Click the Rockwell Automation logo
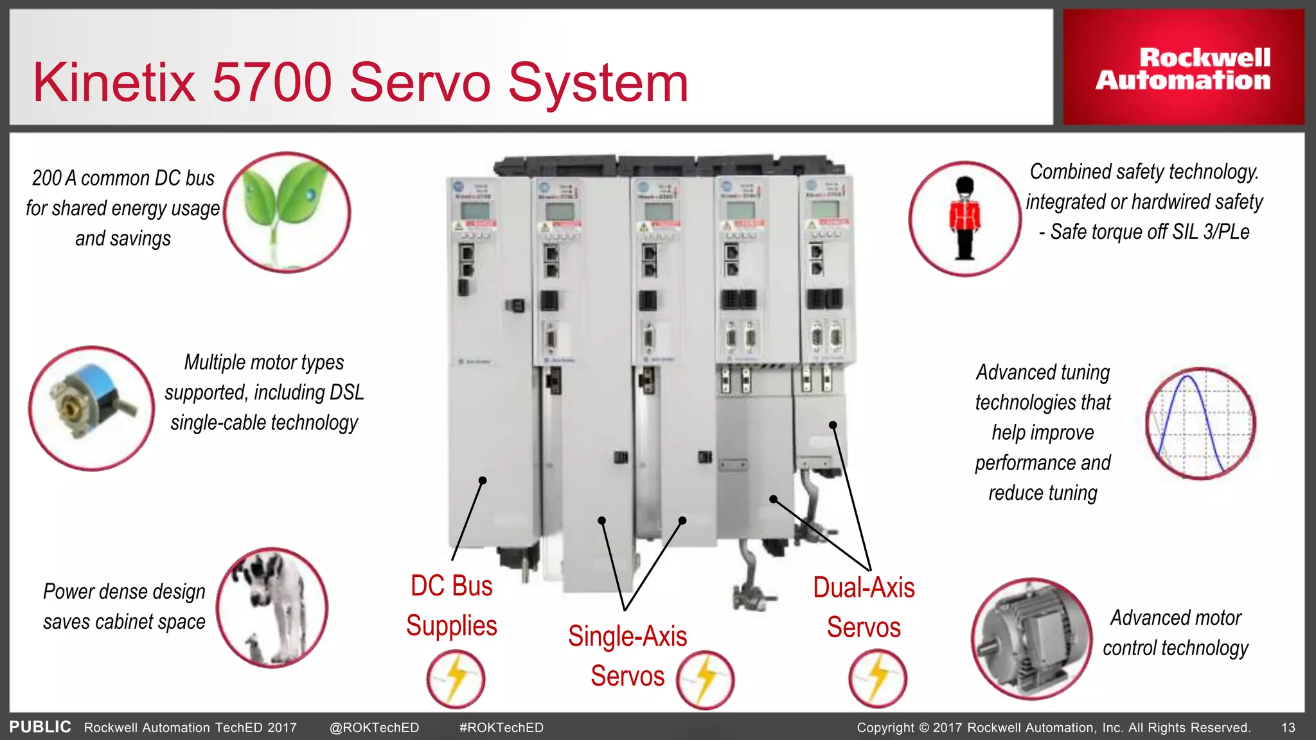1183,69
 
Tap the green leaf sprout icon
287,212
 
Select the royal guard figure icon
965,218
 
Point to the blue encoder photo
91,409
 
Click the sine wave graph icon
1200,423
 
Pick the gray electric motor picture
1031,639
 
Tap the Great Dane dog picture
272,608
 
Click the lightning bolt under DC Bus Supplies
456,678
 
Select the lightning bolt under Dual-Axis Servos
877,678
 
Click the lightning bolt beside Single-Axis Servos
705,680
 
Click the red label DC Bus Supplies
452,606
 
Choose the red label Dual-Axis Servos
864,607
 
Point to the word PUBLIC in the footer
40,727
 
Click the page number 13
1288,728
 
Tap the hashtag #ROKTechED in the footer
501,728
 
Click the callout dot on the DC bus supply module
483,480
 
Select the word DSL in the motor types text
346,392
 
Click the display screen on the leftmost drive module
474,210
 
